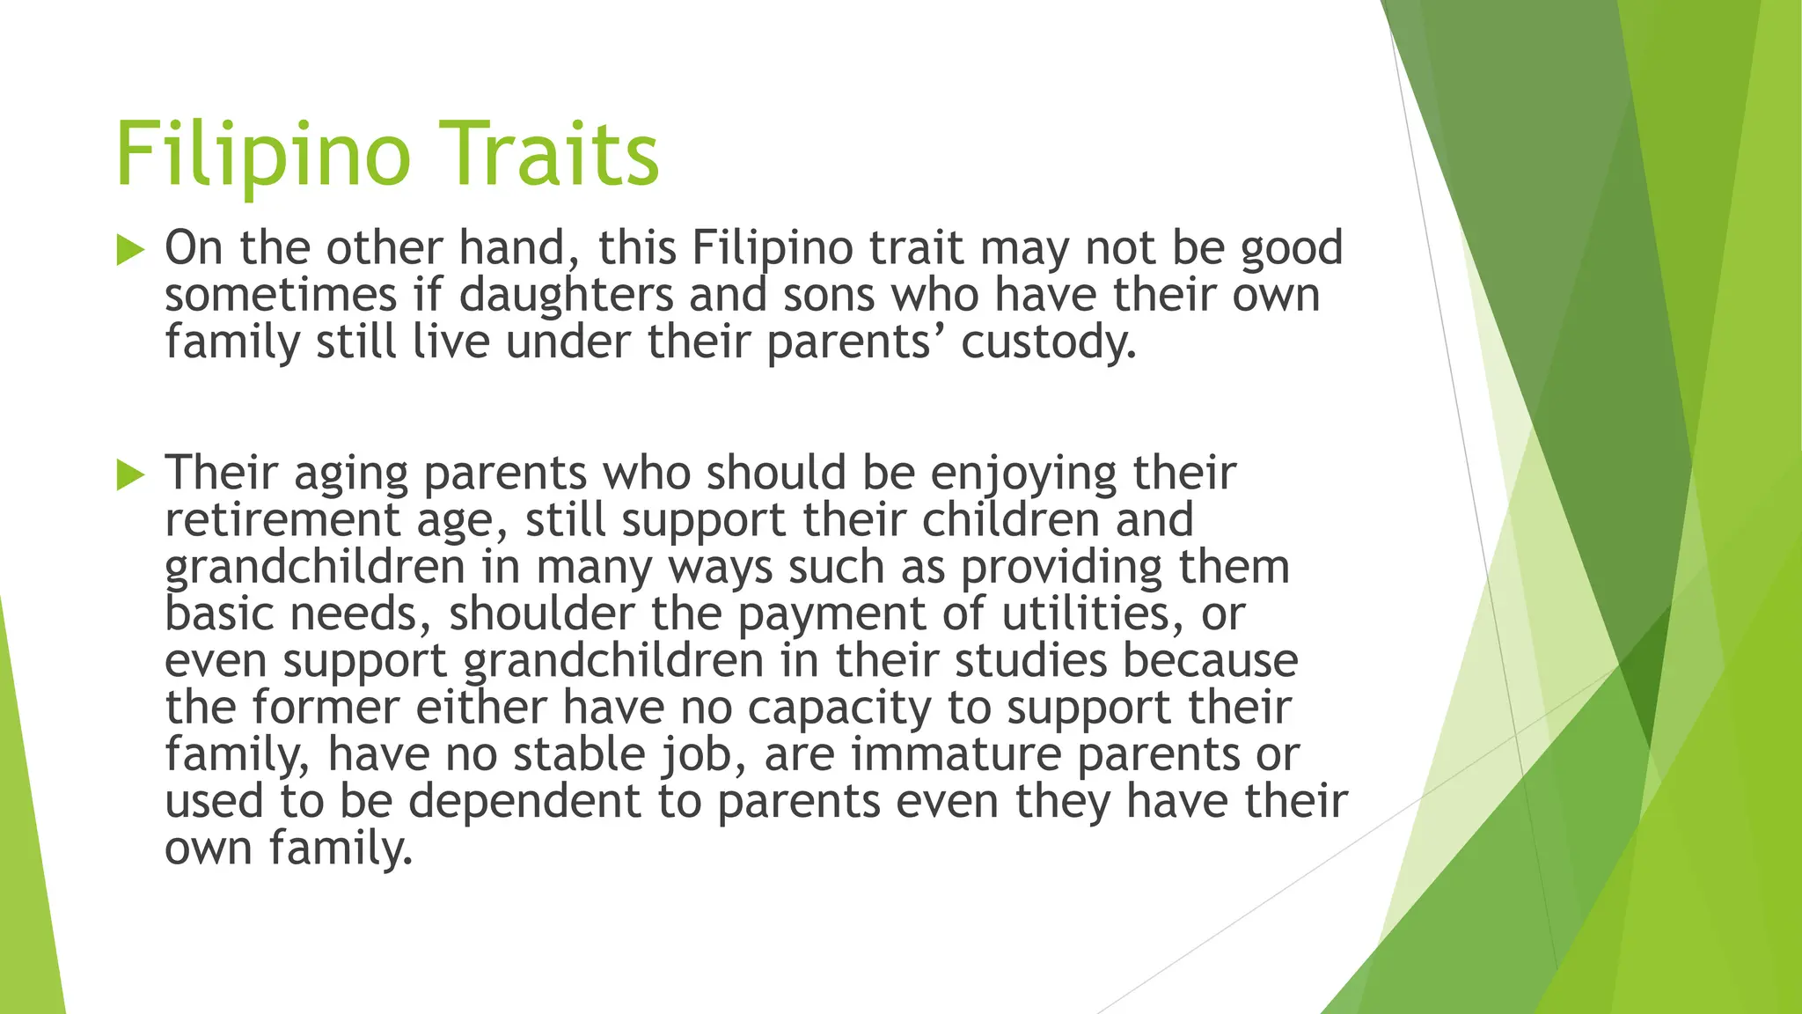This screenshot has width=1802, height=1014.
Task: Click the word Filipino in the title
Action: pos(263,156)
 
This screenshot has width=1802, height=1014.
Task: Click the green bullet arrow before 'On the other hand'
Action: pos(130,251)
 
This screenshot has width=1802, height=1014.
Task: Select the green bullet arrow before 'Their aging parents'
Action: pos(130,476)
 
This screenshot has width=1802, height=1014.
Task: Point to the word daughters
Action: pos(566,295)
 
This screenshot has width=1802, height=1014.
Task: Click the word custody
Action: pos(1048,342)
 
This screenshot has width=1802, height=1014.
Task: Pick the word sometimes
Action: pos(281,295)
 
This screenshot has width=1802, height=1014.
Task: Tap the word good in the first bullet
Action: pos(1292,249)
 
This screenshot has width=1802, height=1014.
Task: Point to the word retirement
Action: pos(282,520)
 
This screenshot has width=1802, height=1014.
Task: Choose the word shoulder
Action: pos(541,614)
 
